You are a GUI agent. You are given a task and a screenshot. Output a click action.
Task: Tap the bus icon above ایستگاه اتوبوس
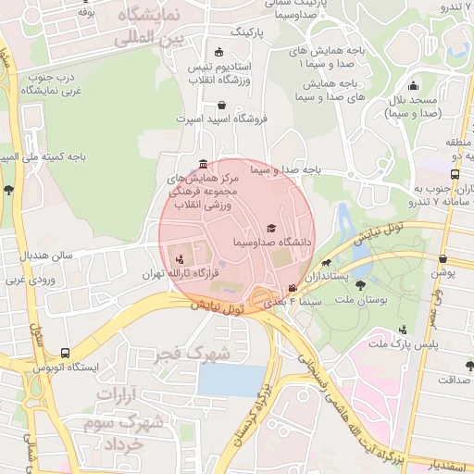point(64,353)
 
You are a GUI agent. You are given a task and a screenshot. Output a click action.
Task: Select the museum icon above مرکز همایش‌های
point(203,163)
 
